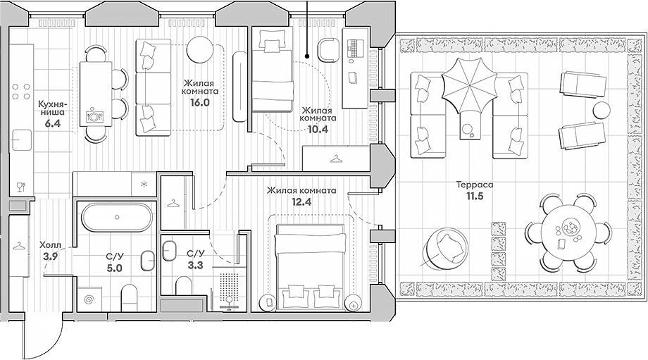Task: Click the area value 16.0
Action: pyautogui.click(x=199, y=101)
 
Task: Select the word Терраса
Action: pyautogui.click(x=473, y=185)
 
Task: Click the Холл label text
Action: pyautogui.click(x=50, y=245)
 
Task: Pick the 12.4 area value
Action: pyautogui.click(x=301, y=203)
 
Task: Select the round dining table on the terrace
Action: pyautogui.click(x=569, y=233)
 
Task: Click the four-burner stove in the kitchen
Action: pyautogui.click(x=21, y=97)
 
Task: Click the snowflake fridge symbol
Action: pyautogui.click(x=144, y=185)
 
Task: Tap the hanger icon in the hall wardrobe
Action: pyautogui.click(x=20, y=246)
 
